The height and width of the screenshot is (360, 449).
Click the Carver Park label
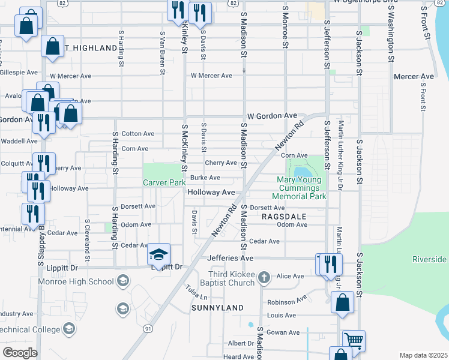pos(164,182)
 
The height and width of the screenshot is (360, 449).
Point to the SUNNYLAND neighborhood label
pos(217,308)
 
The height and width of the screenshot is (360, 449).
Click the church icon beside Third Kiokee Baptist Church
pos(264,277)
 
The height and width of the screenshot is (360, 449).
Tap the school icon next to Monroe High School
pos(123,281)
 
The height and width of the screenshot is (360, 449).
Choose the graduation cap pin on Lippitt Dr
pos(159,254)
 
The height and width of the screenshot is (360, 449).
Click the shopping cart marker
pos(354,340)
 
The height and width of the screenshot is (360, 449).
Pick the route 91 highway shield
pos(148,328)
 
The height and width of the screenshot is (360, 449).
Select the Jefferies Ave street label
pos(231,258)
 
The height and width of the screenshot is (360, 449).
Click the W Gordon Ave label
pos(272,115)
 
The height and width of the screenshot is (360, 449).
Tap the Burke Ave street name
pos(205,178)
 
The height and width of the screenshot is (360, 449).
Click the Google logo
pos(20,353)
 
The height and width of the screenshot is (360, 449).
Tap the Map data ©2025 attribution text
pos(423,355)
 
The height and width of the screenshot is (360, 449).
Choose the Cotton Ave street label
pos(138,134)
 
